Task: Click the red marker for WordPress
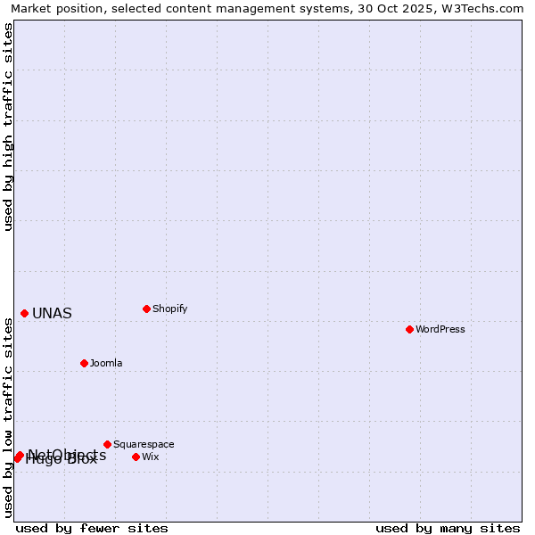[x=409, y=329]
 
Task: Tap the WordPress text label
[x=440, y=329]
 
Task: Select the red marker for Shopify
[x=146, y=309]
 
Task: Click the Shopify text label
[x=170, y=309]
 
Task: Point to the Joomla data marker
[x=84, y=363]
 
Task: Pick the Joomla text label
[x=106, y=363]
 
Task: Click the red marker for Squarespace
[x=107, y=444]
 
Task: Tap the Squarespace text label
[x=144, y=444]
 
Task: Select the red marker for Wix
[x=136, y=457]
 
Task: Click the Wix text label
[x=151, y=457]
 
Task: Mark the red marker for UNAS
[x=24, y=313]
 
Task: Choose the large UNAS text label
[x=52, y=313]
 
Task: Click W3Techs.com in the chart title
[x=481, y=9]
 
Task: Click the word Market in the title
[x=32, y=9]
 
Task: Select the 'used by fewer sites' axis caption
[x=92, y=528]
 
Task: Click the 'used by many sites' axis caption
[x=448, y=528]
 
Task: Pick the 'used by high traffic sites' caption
[x=9, y=127]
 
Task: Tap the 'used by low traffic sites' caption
[x=9, y=417]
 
